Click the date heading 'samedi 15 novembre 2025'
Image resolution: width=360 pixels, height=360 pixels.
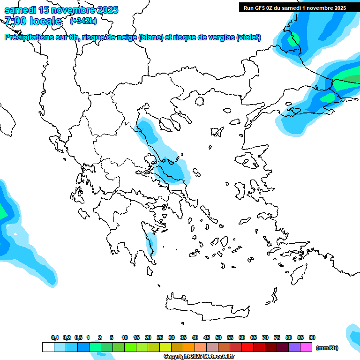coord(61,10)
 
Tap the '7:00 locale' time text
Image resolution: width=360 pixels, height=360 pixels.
coord(33,21)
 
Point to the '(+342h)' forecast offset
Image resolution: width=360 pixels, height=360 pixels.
coord(83,21)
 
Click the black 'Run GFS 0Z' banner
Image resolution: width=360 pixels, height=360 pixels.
coord(294,7)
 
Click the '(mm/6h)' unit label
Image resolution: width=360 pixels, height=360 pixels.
coord(327,348)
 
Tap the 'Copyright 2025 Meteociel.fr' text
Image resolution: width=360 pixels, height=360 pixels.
coord(199,356)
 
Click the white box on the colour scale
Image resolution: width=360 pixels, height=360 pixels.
coord(48,347)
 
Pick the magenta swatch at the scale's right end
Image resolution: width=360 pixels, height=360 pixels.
coord(306,347)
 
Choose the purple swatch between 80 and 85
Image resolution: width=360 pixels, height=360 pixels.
coord(294,347)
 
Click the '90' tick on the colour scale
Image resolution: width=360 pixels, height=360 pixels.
coord(312,337)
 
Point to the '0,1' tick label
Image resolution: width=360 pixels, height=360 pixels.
coord(55,337)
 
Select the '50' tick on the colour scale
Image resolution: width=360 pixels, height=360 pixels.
coord(218,337)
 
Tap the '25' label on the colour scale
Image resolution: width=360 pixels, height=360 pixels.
coord(160,337)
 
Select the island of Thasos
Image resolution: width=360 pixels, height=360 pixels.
coord(200,101)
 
